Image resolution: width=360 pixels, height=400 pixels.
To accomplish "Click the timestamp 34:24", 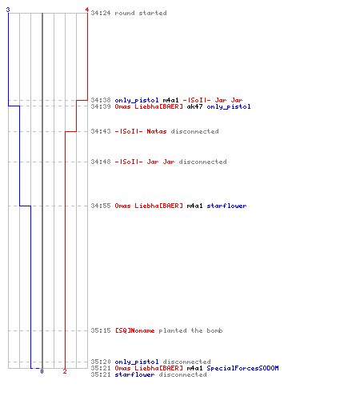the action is [101, 13].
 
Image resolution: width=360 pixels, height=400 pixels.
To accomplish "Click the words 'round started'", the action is [141, 13].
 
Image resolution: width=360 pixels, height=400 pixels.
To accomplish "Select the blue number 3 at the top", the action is [8, 10].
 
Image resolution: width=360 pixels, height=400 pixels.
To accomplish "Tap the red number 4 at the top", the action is [86, 10].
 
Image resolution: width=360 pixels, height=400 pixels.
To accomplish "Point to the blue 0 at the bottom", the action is [42, 371].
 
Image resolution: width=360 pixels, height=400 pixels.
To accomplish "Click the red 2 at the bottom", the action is [65, 371].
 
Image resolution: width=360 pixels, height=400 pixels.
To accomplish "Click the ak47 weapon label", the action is [194, 106].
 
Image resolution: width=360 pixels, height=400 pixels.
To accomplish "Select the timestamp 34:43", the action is [101, 131].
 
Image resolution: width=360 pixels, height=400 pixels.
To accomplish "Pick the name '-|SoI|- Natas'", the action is [141, 131].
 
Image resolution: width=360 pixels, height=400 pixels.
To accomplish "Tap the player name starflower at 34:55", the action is [226, 206].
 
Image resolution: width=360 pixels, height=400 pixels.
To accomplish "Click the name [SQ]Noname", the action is [134, 330].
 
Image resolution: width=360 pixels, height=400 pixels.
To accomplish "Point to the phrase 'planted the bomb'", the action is [190, 330].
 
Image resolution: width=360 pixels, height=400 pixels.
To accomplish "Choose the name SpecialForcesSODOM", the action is [242, 368].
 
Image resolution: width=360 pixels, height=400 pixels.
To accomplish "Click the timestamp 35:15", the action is [101, 330].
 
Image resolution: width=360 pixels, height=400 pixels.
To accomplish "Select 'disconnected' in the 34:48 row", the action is [202, 162].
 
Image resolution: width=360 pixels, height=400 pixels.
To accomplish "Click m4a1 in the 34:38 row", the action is [170, 100].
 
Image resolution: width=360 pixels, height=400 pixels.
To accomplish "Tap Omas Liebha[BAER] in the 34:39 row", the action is [149, 106].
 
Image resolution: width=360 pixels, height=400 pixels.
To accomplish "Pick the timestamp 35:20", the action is [101, 362].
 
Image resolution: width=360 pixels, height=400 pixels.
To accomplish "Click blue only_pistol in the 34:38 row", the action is [137, 100].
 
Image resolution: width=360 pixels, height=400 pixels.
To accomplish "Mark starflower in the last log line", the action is [134, 374].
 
